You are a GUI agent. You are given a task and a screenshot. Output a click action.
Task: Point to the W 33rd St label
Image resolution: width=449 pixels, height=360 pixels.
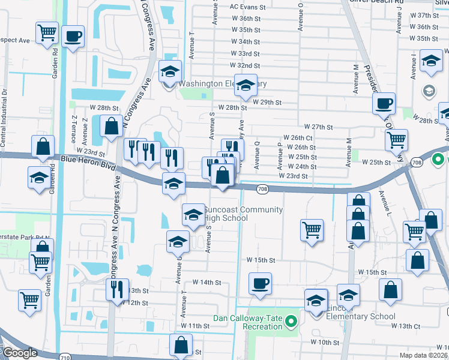pos(246,53)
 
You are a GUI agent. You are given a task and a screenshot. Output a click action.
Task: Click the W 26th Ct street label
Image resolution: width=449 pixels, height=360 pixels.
pos(298,137)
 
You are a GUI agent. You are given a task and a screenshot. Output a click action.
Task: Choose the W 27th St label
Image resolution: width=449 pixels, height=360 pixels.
pos(318,127)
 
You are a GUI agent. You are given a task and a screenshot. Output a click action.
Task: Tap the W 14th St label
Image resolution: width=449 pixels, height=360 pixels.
pos(207,282)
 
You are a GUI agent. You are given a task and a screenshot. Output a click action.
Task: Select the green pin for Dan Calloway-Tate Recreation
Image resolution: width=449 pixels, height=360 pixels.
pos(291,322)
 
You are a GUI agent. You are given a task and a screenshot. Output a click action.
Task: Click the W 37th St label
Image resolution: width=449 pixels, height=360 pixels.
pos(424,15)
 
